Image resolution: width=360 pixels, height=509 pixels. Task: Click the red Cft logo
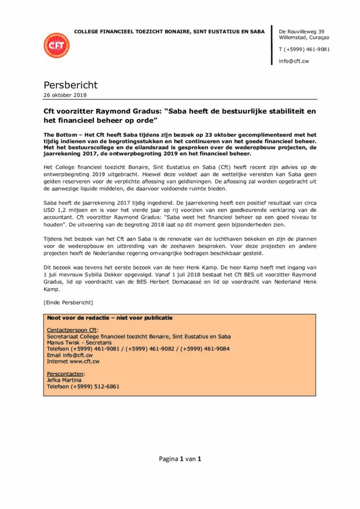click(x=57, y=45)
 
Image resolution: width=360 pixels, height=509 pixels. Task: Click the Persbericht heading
click(x=71, y=85)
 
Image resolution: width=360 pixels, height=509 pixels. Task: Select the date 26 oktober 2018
click(x=65, y=95)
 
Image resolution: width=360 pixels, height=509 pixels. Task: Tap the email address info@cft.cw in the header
click(x=294, y=61)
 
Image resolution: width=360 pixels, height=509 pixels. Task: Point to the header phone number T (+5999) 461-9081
click(x=304, y=49)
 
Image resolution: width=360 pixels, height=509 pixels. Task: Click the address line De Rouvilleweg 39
click(x=302, y=31)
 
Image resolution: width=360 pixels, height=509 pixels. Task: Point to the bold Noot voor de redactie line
click(x=109, y=318)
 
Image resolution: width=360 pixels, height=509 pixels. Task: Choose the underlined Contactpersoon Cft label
click(x=73, y=330)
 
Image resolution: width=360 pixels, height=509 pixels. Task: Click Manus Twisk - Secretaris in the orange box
click(x=79, y=342)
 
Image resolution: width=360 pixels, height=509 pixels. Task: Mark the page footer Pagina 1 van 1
click(x=180, y=459)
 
